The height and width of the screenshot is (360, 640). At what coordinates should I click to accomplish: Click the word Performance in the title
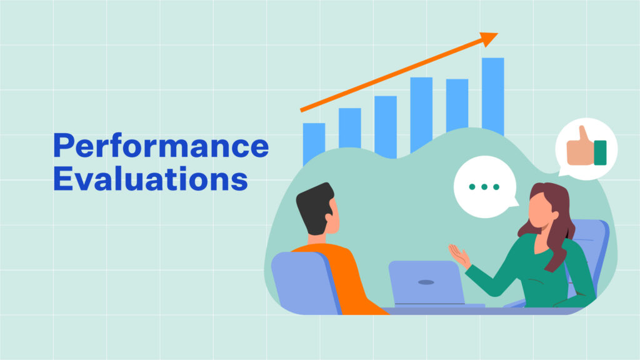pyautogui.click(x=161, y=146)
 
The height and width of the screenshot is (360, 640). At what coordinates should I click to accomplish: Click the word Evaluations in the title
pyautogui.click(x=151, y=178)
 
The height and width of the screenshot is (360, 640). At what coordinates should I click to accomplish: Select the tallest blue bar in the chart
pyautogui.click(x=492, y=96)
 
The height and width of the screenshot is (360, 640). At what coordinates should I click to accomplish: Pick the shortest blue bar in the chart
pyautogui.click(x=314, y=144)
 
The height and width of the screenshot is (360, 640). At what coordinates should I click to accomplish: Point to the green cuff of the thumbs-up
pyautogui.click(x=600, y=152)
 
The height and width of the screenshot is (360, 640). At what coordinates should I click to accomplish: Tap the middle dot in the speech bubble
pyautogui.click(x=484, y=187)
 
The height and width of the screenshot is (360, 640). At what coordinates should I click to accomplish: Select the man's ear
pyautogui.click(x=329, y=217)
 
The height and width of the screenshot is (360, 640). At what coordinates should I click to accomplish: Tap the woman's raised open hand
pyautogui.click(x=459, y=256)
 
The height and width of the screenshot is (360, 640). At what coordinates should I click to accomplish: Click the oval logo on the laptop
pyautogui.click(x=426, y=282)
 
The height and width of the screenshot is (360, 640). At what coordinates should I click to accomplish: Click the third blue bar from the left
pyautogui.click(x=385, y=127)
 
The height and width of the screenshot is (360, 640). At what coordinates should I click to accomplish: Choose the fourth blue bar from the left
pyautogui.click(x=421, y=114)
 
